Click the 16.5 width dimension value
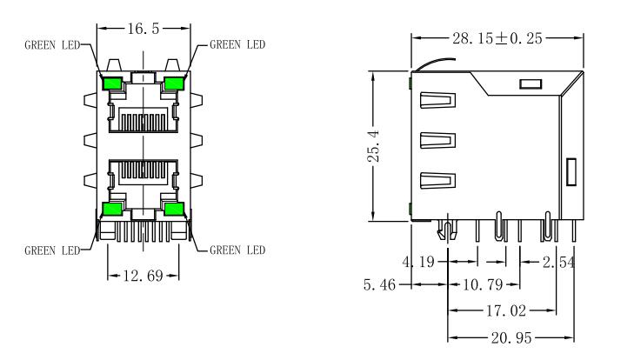pyautogui.click(x=143, y=29)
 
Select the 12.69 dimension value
pyautogui.click(x=143, y=276)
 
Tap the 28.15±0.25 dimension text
pyautogui.click(x=497, y=38)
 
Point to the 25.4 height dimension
pyautogui.click(x=374, y=146)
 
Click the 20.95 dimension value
pyautogui.click(x=511, y=337)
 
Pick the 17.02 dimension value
pyautogui.click(x=506, y=310)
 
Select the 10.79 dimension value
pyautogui.click(x=483, y=284)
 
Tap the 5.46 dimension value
pyautogui.click(x=379, y=284)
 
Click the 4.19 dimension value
pyautogui.click(x=418, y=262)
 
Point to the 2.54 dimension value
pyautogui.click(x=558, y=263)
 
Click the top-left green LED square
pyautogui.click(x=112, y=83)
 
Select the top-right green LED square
pyautogui.click(x=174, y=83)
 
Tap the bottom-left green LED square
pyautogui.click(x=112, y=209)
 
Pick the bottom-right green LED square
pyautogui.click(x=174, y=209)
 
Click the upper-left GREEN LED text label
pyautogui.click(x=52, y=45)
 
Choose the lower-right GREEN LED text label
pyautogui.click(x=237, y=250)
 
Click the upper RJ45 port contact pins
pyautogui.click(x=143, y=122)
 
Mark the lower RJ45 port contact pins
pyautogui.click(x=143, y=170)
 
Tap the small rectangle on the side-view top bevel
pyautogui.click(x=531, y=84)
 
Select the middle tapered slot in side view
pyautogui.click(x=438, y=140)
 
